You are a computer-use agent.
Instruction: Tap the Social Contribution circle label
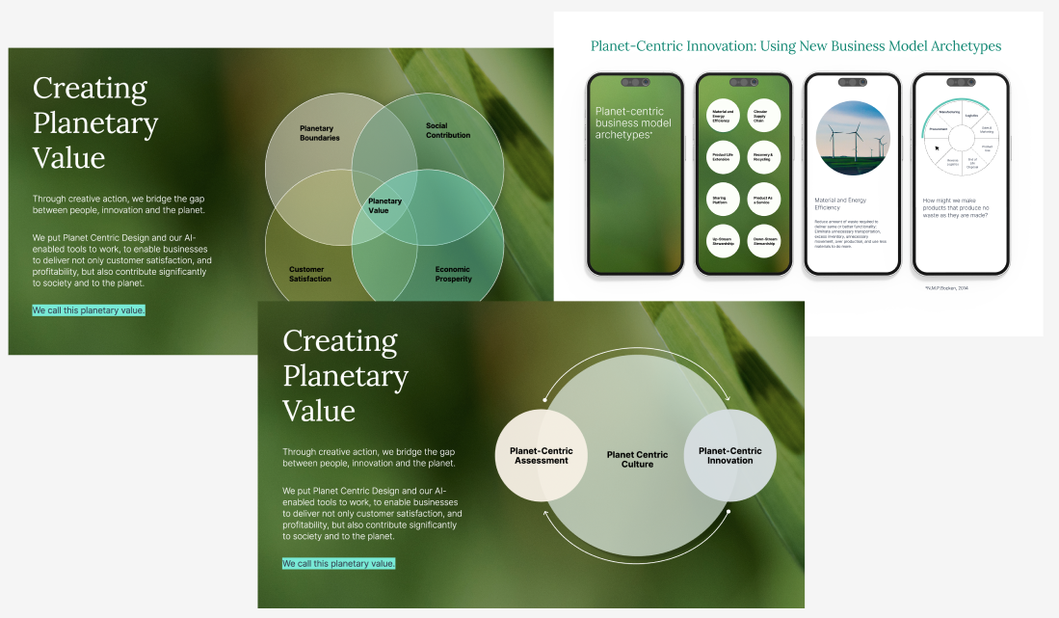point(448,130)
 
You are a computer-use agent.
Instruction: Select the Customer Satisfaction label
point(310,274)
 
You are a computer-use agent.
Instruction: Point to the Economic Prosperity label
point(453,274)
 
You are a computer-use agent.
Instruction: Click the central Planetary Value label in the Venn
point(385,205)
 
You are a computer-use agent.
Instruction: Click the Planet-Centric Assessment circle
point(541,455)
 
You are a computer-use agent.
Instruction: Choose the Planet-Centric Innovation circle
point(729,455)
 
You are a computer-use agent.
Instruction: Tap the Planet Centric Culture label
point(637,459)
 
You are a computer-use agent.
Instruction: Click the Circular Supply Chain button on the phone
point(763,116)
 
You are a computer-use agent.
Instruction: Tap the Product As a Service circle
point(763,200)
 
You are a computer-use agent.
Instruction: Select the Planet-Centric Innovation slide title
point(795,46)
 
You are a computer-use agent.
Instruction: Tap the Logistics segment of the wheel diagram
point(971,116)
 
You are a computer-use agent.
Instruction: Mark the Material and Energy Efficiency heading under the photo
point(840,202)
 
